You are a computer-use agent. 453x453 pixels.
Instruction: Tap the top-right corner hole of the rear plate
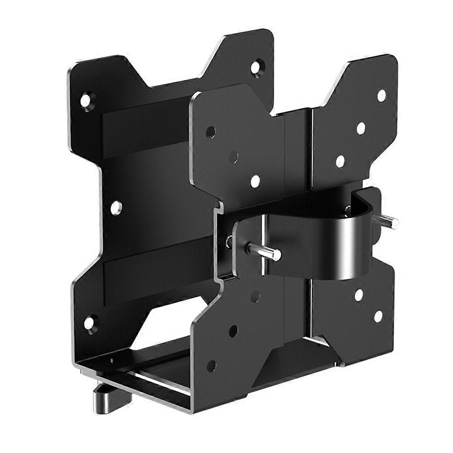pyautogui.click(x=256, y=67)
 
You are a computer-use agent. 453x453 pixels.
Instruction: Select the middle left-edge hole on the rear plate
pyautogui.click(x=116, y=208)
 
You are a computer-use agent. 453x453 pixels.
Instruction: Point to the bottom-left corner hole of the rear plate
pyautogui.click(x=89, y=323)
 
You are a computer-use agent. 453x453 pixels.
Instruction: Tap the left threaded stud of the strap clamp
pyautogui.click(x=263, y=252)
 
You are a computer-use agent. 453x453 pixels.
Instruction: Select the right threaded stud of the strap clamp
pyautogui.click(x=388, y=221)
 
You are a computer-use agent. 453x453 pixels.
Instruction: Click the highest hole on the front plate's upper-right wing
pyautogui.click(x=381, y=95)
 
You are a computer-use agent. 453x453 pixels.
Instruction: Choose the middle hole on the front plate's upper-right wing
pyautogui.click(x=361, y=128)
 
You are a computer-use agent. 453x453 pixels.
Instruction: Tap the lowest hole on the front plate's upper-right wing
pyautogui.click(x=340, y=161)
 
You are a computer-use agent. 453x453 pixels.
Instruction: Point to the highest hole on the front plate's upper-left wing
pyautogui.click(x=210, y=133)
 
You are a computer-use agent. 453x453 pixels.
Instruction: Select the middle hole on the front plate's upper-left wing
pyautogui.click(x=233, y=157)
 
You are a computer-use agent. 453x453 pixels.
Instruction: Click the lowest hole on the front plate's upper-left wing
pyautogui.click(x=255, y=181)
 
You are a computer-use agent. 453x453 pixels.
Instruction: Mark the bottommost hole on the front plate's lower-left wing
pyautogui.click(x=211, y=366)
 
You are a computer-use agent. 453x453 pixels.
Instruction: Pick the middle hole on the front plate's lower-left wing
pyautogui.click(x=233, y=331)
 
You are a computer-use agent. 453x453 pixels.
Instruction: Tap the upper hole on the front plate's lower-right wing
pyautogui.click(x=359, y=295)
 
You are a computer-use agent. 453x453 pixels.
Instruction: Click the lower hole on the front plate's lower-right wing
pyautogui.click(x=378, y=316)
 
